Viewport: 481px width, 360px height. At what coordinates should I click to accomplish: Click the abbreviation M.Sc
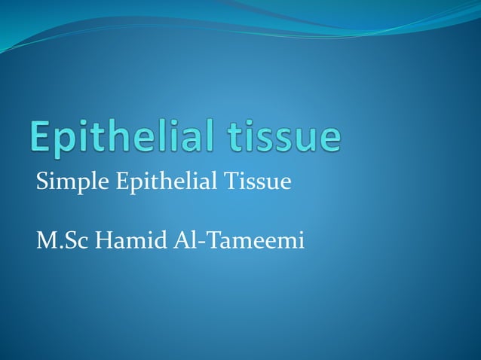point(60,243)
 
